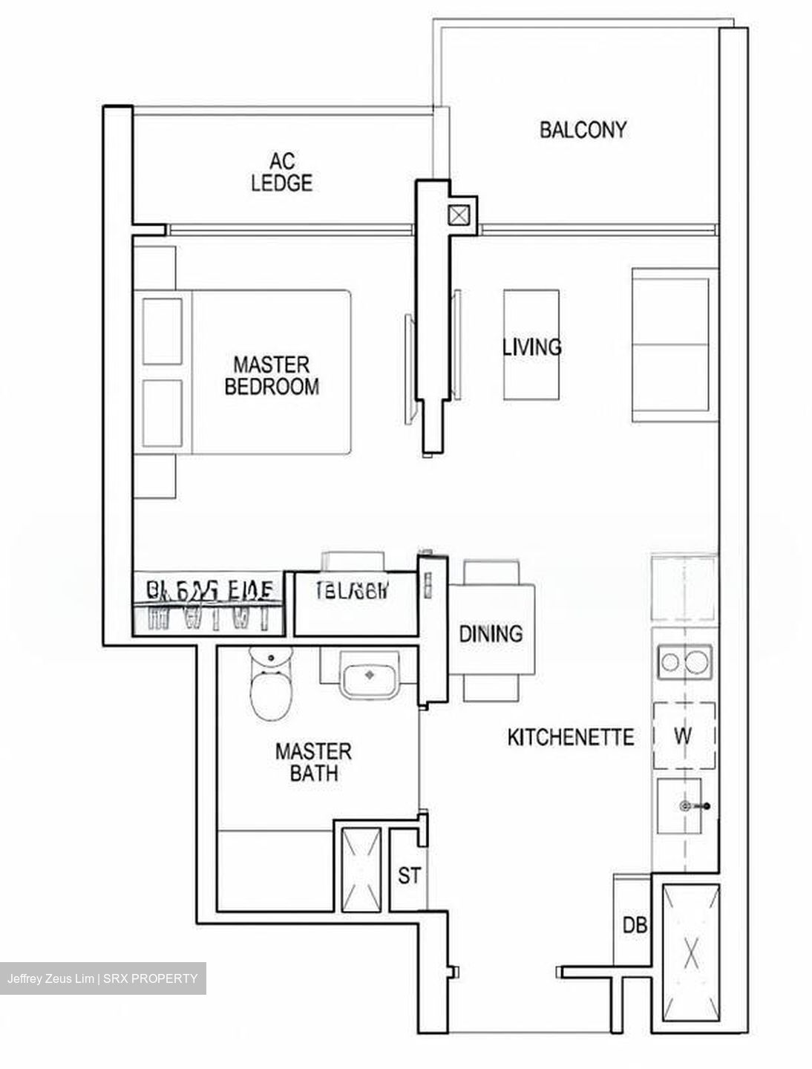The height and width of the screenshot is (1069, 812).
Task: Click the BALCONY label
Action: click(583, 130)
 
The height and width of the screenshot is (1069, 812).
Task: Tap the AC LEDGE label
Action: click(281, 171)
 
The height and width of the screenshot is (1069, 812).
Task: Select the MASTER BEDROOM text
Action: click(272, 376)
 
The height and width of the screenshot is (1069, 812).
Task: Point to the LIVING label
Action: click(531, 347)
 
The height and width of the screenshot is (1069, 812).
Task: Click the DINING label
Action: click(491, 634)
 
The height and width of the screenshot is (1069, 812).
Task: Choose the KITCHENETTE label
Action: click(571, 737)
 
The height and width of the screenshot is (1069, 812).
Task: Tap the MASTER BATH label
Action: click(312, 762)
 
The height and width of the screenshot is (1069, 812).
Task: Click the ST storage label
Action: click(409, 875)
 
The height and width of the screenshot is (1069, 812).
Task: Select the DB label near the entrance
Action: click(635, 925)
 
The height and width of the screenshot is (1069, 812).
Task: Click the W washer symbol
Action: click(684, 736)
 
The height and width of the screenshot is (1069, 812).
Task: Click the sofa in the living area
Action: click(673, 346)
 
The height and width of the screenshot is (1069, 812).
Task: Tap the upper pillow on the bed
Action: click(163, 331)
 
